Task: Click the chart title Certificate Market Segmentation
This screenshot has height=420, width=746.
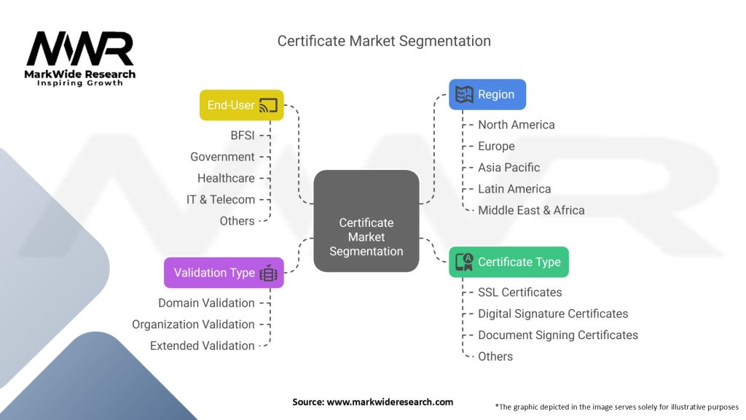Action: tap(384, 41)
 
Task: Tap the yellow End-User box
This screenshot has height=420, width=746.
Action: tap(241, 105)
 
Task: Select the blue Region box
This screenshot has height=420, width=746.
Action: tap(487, 94)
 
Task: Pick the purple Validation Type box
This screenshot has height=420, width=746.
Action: tap(224, 273)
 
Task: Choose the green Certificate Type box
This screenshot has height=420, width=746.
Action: tap(509, 262)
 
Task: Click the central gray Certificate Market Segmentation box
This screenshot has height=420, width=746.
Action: tap(366, 237)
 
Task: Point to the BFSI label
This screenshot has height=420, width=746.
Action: tap(242, 135)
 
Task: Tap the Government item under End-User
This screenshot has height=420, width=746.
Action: tap(222, 157)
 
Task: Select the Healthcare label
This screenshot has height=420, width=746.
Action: tap(226, 178)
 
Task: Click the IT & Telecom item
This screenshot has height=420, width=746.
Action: tap(221, 199)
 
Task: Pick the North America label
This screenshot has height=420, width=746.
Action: tap(516, 125)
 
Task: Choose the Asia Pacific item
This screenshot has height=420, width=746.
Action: tap(509, 167)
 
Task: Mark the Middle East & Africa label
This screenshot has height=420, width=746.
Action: tap(531, 210)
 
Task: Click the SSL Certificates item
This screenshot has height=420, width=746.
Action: tap(519, 292)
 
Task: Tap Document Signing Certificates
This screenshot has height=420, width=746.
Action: tap(557, 335)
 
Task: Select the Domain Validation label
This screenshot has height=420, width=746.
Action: tap(206, 303)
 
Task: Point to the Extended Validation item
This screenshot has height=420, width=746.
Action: tap(202, 346)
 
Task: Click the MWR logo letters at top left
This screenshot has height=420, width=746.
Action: tap(80, 50)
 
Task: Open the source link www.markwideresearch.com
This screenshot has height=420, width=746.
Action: tap(390, 402)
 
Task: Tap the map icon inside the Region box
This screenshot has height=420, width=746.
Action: tap(464, 94)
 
